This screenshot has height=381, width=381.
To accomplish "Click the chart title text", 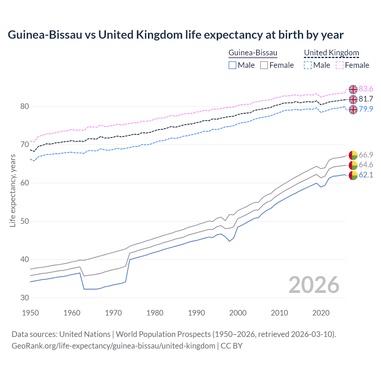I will (x=176, y=35).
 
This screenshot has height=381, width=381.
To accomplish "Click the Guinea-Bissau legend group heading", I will (x=253, y=53).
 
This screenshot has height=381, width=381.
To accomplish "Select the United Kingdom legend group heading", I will (x=331, y=53).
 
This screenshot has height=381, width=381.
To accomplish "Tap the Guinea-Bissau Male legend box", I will (x=232, y=65).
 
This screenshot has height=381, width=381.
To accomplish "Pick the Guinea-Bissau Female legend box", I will (x=264, y=65).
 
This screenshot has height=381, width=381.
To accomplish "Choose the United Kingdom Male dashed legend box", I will (x=308, y=65).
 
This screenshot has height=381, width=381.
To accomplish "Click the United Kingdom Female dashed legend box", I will (x=340, y=65).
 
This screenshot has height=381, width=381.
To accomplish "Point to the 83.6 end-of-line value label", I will (x=366, y=89).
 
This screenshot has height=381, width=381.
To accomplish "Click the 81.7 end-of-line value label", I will (x=366, y=99).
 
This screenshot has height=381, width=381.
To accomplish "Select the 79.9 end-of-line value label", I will (x=366, y=109).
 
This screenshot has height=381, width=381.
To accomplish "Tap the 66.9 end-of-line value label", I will (x=366, y=155).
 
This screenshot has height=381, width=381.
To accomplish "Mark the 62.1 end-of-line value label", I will (x=366, y=175).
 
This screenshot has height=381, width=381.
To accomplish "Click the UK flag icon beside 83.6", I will (x=353, y=89).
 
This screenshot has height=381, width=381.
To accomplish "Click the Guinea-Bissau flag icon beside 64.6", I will (x=353, y=165).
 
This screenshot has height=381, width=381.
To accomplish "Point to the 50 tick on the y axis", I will (x=25, y=221).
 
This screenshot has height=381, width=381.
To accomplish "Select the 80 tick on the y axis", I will (x=25, y=106).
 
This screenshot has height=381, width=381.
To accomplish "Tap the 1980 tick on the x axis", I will (x=155, y=313).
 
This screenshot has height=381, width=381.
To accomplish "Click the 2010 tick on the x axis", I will (x=279, y=313).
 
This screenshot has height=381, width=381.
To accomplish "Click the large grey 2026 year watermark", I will (x=314, y=285).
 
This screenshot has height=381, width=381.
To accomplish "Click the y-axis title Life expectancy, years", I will (x=13, y=190).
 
